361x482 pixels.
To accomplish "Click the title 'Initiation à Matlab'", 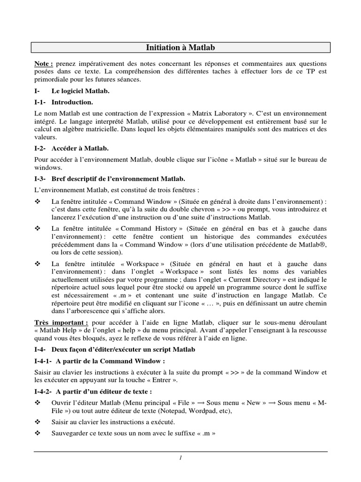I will (180, 48).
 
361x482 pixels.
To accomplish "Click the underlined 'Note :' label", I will (44, 63).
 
